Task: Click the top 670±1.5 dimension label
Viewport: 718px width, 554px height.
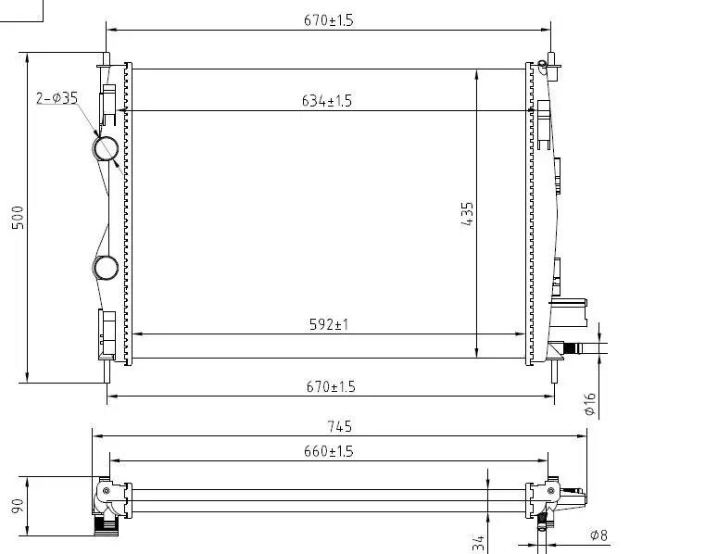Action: pos(328,20)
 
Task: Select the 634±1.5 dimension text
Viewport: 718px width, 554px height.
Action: pos(326,101)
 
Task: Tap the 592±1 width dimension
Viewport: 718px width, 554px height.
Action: pos(329,324)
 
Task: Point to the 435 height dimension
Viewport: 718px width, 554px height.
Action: pos(467,214)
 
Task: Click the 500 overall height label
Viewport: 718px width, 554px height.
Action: pos(18,218)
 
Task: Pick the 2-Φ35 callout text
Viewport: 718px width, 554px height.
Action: pos(57,98)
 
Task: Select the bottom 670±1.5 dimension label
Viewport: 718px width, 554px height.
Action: pos(331,387)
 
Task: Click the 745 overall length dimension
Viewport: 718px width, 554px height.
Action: pos(340,427)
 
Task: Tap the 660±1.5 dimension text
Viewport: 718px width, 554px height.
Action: pos(328,451)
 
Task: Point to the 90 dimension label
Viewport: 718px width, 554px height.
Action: pos(18,506)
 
